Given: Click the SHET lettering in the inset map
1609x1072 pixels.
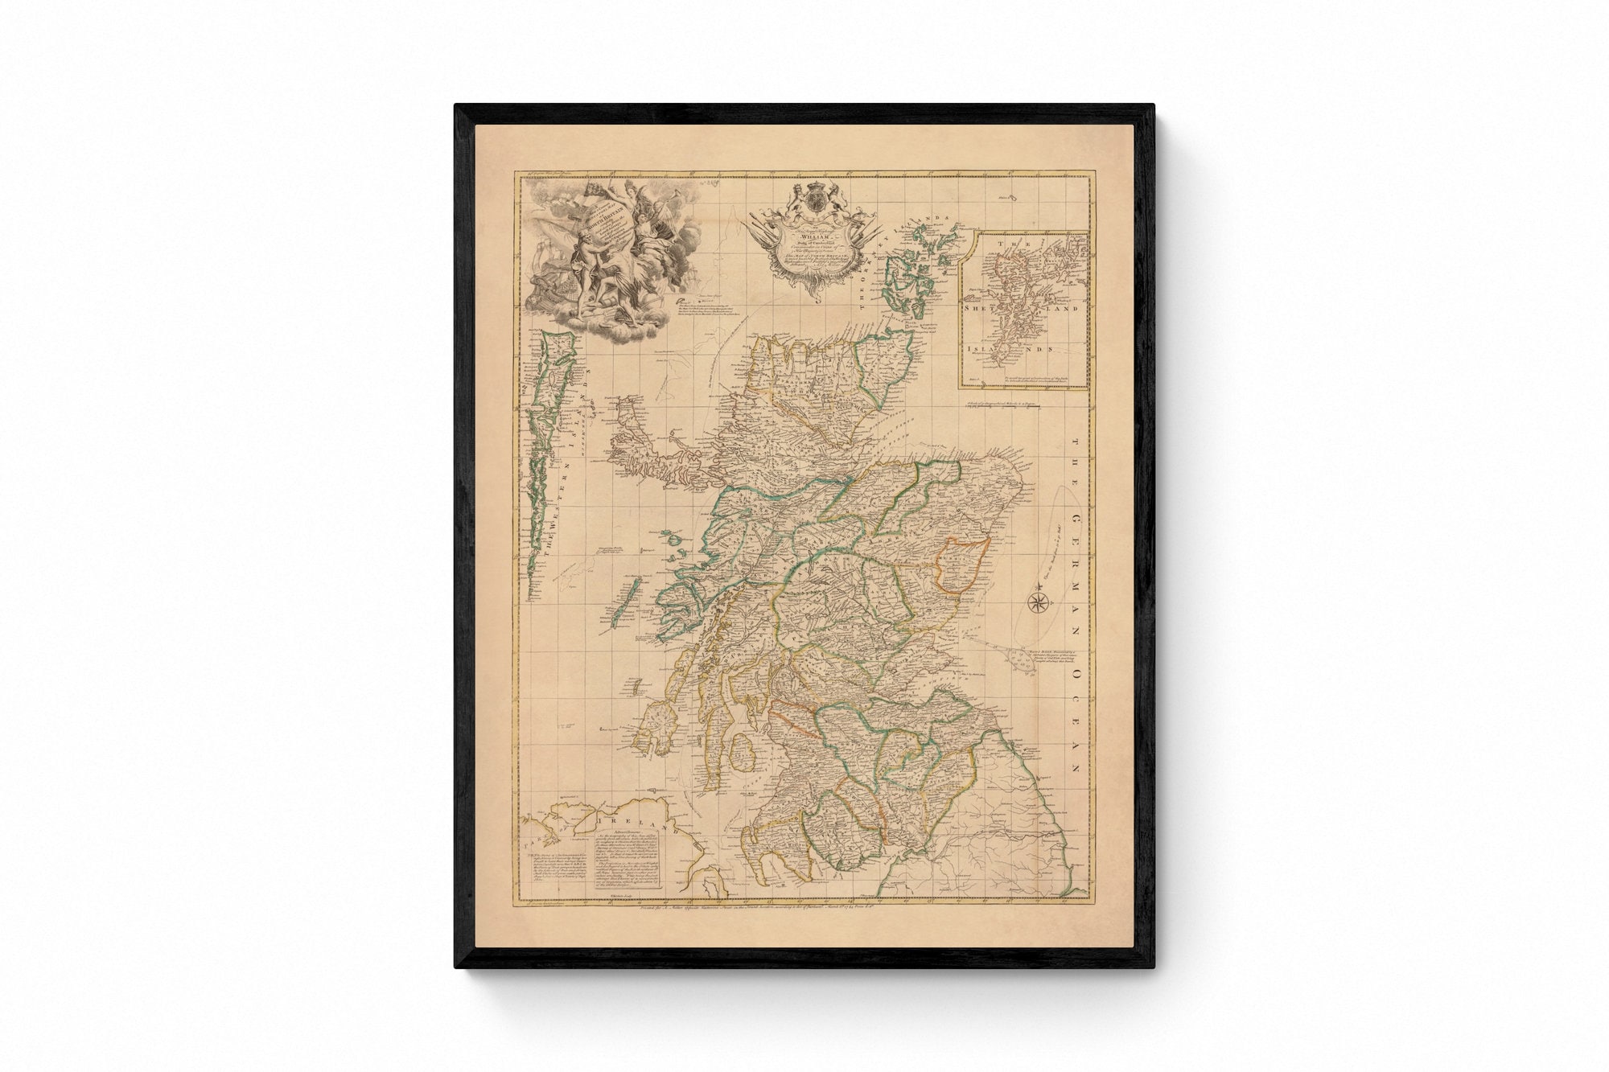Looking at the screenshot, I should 980,306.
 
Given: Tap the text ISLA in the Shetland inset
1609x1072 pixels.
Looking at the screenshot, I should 980,350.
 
